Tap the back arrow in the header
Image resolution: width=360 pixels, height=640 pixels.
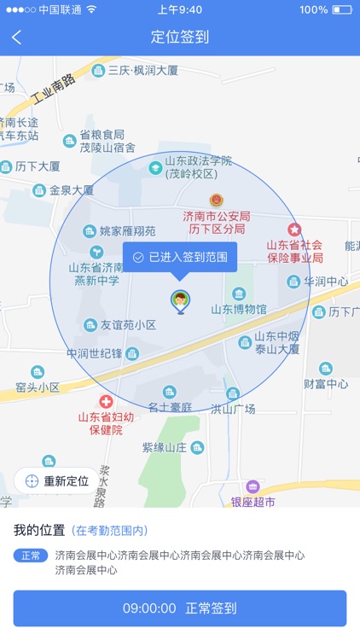tap(17, 38)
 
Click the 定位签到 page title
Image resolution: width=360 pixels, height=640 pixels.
tap(180, 38)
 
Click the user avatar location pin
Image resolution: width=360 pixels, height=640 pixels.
tap(180, 300)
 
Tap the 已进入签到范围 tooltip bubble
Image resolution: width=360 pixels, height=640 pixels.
tap(180, 256)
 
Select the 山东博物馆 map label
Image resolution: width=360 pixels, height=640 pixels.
tap(239, 309)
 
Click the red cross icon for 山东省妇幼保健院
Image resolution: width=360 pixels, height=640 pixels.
tap(106, 401)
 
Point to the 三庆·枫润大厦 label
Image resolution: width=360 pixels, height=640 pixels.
tap(142, 70)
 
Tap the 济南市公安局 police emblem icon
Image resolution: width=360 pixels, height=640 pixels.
tap(217, 199)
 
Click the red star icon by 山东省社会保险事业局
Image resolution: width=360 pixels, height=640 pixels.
tap(294, 229)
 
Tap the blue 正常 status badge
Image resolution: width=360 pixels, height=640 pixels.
tap(31, 556)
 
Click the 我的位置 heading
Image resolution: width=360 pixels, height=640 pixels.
tap(38, 530)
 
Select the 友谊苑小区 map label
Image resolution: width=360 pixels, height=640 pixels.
tap(128, 325)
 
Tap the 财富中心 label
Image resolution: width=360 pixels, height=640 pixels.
tap(326, 384)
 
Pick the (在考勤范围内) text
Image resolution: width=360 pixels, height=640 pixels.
tap(109, 531)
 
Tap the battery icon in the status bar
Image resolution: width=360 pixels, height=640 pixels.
tap(342, 9)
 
